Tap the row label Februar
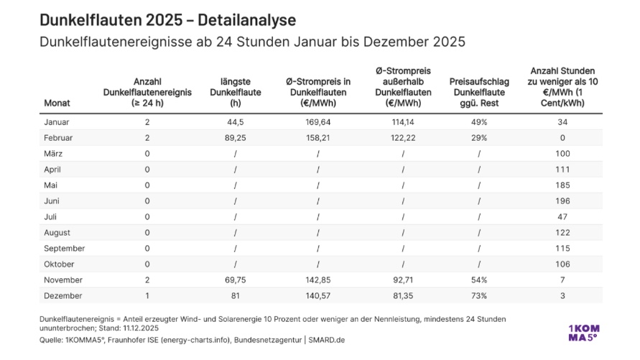(x=60, y=137)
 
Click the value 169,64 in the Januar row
(x=318, y=121)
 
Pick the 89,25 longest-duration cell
(x=236, y=137)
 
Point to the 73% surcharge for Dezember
(x=478, y=295)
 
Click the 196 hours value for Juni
(x=562, y=200)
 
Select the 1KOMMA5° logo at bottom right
(x=583, y=333)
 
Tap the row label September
(x=65, y=248)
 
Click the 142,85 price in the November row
(x=318, y=280)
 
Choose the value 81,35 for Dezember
(x=403, y=295)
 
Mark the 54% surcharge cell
(x=478, y=280)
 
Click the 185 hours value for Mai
(x=562, y=185)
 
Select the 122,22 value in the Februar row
(x=403, y=137)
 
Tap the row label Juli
(x=52, y=216)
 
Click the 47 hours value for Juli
(x=562, y=216)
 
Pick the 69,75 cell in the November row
(x=236, y=280)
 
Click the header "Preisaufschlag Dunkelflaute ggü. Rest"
(x=478, y=92)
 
